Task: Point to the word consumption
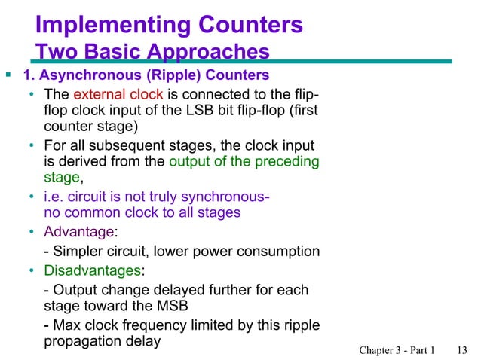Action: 280,252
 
